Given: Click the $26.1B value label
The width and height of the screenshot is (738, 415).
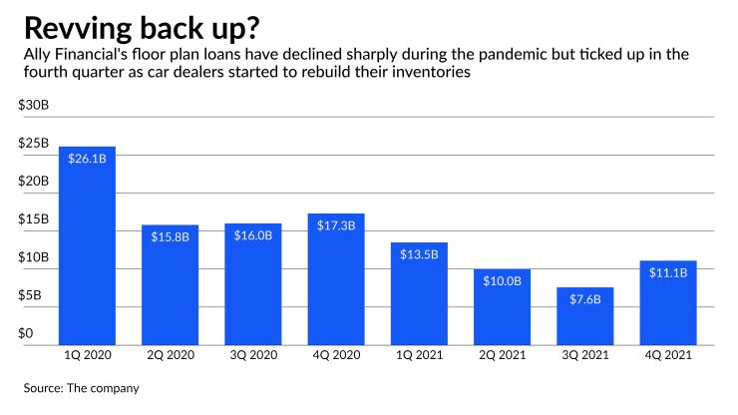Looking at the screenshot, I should tap(88, 159).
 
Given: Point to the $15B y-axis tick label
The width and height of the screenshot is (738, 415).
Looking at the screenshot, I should tap(34, 219).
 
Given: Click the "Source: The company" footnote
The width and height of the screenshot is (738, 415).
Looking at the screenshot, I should tap(82, 386).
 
